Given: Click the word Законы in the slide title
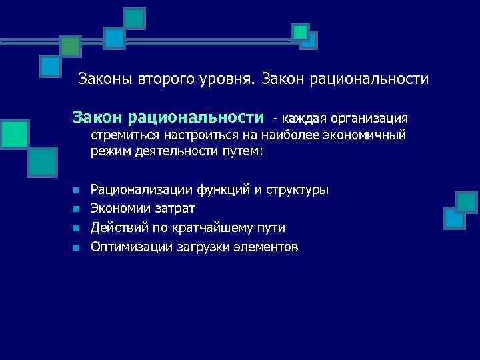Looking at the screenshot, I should point(105,79).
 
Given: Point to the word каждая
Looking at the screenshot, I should point(305,119).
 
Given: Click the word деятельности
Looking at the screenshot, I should point(172,152).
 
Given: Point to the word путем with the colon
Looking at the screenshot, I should point(241,152).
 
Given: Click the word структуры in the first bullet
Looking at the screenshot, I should point(297,190).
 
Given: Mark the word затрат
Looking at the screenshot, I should point(174,209).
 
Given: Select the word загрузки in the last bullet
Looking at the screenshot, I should point(204,247).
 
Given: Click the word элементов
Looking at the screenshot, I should point(265,247).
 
